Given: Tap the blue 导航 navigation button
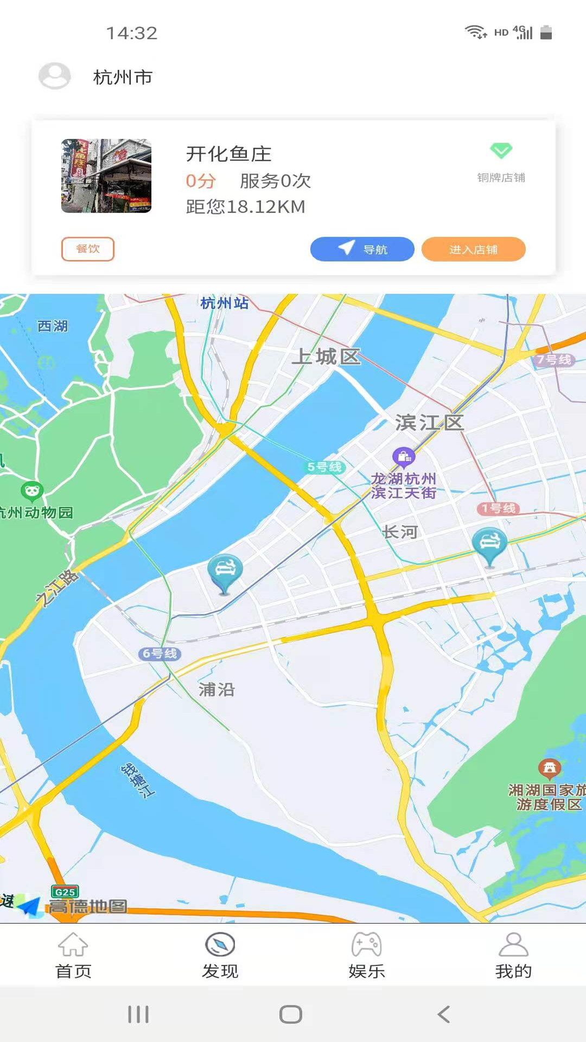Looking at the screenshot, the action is point(362,249).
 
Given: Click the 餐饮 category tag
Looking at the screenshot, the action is point(88,249).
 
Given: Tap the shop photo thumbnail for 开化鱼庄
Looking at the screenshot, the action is point(106,176).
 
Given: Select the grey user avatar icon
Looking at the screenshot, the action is point(54,76).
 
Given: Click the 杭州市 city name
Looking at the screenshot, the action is point(123,77).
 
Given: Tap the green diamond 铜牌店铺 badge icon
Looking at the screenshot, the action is point(501,150).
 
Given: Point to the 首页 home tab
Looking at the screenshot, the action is point(73,955).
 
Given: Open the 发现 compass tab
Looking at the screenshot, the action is point(220,955).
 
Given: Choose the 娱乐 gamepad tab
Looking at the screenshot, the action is point(367,955).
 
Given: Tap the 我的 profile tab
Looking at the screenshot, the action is point(513,955).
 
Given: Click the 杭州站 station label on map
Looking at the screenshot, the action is point(224,303).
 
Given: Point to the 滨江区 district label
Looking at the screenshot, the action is point(429,422).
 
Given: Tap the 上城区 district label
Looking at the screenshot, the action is point(326,357).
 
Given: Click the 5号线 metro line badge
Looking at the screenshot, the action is point(324,467).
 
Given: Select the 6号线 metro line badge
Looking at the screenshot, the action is point(160,653).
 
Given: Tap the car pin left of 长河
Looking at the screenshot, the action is point(225,573).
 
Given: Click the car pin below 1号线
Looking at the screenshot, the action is point(489,545).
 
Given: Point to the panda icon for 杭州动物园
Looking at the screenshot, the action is point(32,491).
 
